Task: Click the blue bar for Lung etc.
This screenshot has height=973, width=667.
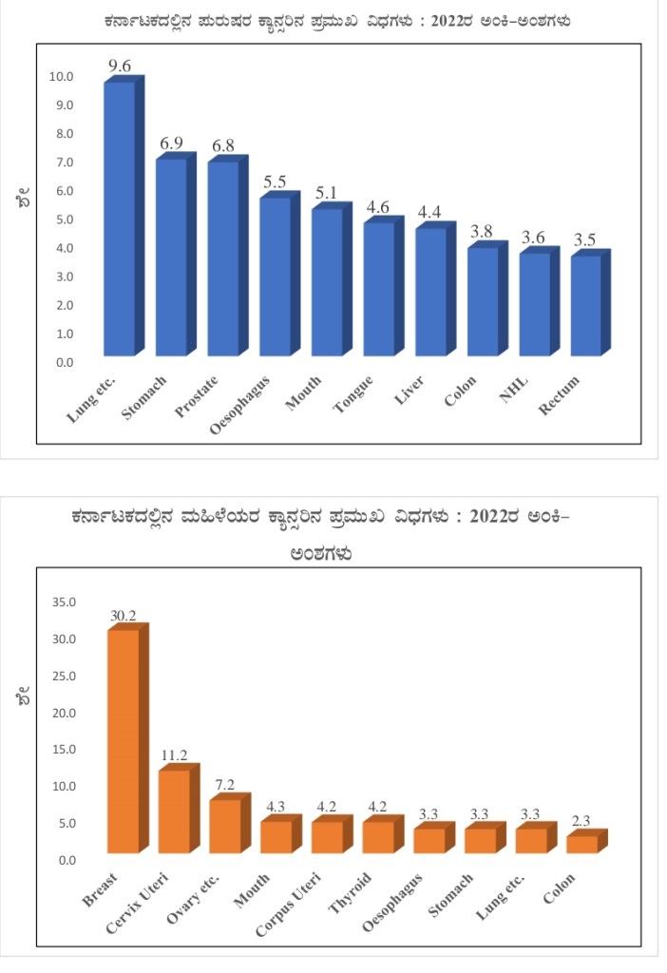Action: tap(120, 219)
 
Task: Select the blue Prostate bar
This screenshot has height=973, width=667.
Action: tap(224, 257)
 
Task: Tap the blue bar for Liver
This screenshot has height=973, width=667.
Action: tap(431, 290)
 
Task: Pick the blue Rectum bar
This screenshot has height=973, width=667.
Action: tap(586, 304)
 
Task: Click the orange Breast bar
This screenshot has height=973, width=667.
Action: tap(124, 741)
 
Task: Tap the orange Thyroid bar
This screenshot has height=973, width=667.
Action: tap(379, 836)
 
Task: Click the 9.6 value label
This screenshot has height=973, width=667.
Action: tap(121, 67)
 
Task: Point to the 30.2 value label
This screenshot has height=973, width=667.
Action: tap(124, 616)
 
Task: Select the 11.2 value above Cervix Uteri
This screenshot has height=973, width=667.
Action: tap(175, 756)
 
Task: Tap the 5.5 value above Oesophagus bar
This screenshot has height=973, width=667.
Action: tap(276, 181)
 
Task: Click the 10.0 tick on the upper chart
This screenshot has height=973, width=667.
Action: tap(62, 77)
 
